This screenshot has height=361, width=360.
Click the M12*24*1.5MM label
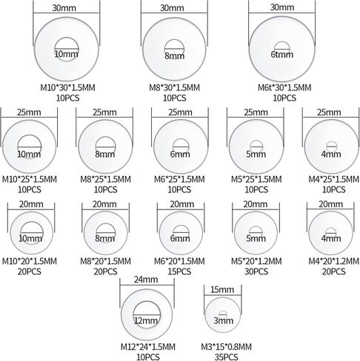click(148, 347)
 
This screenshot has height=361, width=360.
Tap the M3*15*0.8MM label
click(226, 347)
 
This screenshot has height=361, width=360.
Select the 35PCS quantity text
click(226, 357)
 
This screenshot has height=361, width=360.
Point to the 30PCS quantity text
click(256, 271)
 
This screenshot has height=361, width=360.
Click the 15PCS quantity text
click(179, 271)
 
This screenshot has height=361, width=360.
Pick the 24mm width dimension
click(146, 280)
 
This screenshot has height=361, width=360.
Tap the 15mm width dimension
click(222, 289)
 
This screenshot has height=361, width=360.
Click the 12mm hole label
click(146, 320)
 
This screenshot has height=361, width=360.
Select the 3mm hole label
click(223, 320)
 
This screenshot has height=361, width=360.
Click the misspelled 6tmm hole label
click(282, 54)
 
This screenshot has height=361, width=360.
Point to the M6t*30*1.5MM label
click(284, 87)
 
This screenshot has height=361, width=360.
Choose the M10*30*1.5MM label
click(67, 87)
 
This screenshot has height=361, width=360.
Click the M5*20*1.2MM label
click(256, 261)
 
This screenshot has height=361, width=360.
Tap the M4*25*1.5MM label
click(333, 179)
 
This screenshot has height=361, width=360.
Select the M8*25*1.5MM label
click(105, 179)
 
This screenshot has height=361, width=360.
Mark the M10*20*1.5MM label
click(30, 261)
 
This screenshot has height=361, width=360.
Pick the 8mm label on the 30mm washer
click(175, 56)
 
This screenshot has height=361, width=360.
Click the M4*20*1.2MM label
click(333, 261)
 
